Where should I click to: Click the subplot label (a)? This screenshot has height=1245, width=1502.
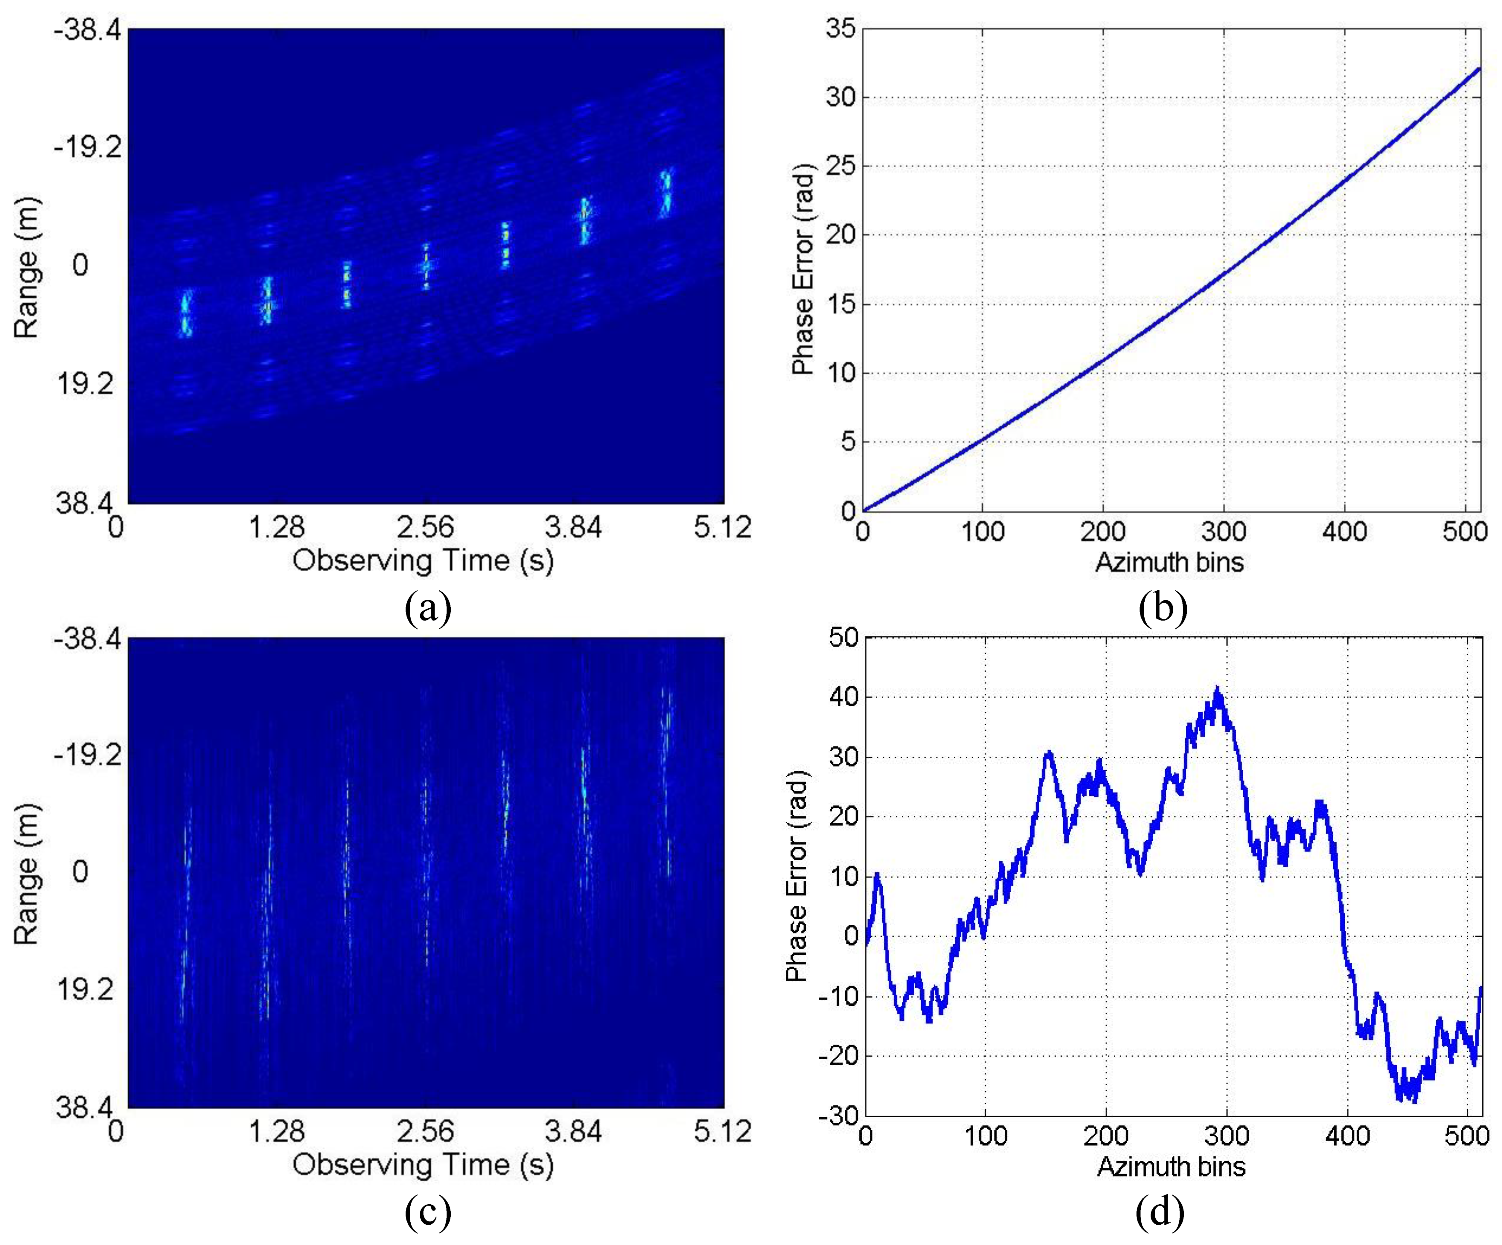(x=428, y=608)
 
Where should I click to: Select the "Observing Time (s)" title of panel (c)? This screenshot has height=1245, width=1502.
(x=424, y=1164)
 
